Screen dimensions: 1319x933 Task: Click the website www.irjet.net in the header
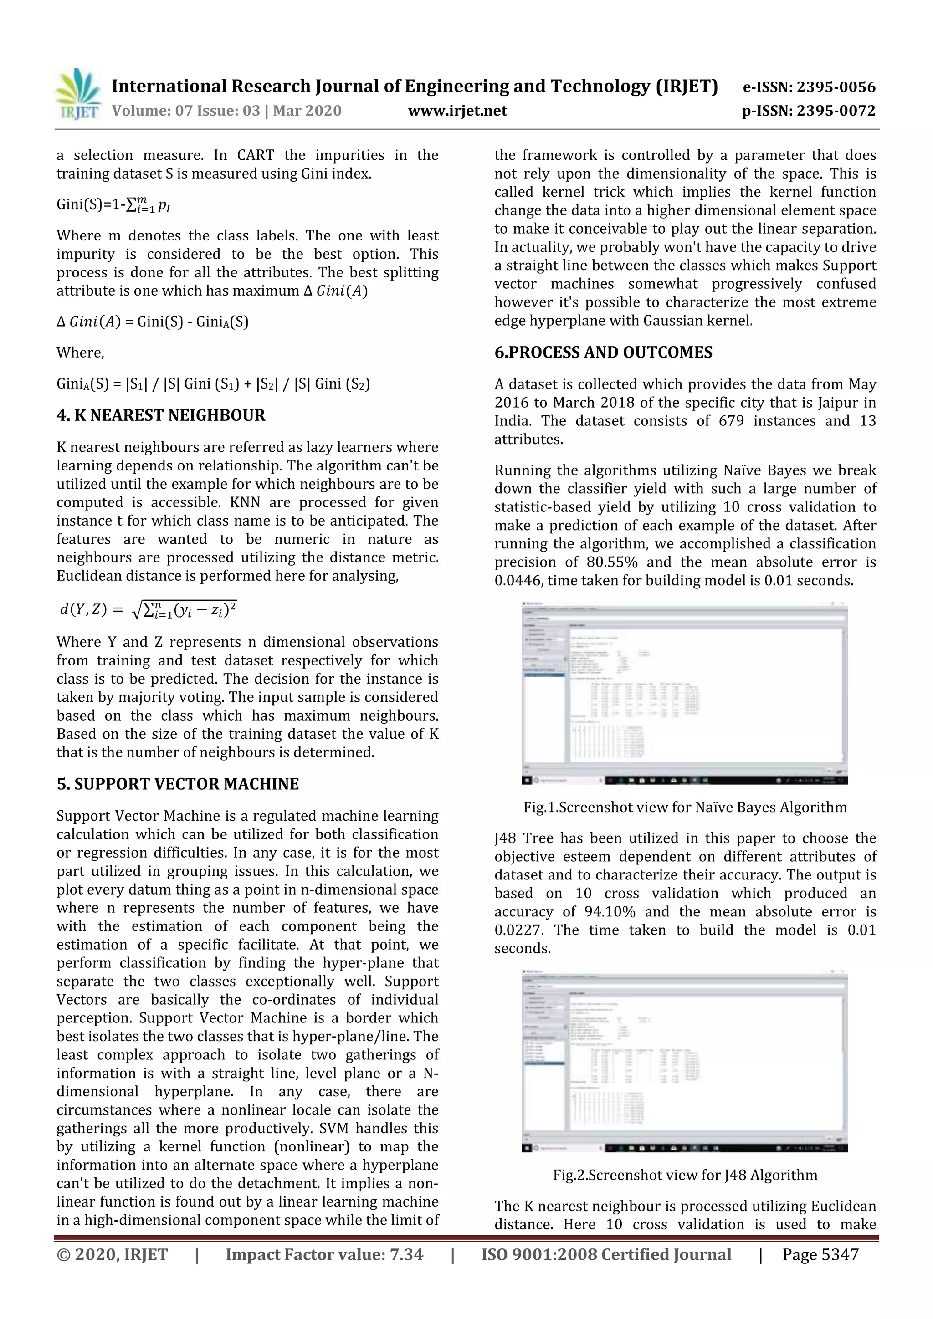457,111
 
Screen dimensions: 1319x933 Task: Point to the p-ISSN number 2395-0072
836,111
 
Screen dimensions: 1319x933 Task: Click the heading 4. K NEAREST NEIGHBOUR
161,415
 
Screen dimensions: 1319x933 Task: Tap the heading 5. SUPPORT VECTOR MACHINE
178,784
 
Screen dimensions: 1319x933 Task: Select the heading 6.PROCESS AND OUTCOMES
603,352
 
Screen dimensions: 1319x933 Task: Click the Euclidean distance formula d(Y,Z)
148,609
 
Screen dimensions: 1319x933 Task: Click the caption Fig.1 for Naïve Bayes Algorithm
685,807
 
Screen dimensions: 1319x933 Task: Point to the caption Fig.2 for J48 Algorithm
685,1175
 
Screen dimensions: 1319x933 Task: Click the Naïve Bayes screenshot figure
685,693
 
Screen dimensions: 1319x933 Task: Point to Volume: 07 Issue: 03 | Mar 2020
226,111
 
